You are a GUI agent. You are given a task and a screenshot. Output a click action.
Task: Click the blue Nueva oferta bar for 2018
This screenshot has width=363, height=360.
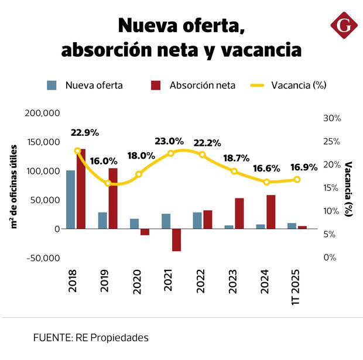[x=70, y=199]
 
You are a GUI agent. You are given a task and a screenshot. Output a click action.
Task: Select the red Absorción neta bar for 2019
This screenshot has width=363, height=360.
[x=113, y=198]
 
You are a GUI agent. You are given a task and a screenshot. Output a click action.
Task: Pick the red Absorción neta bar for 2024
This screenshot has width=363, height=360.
[x=270, y=211]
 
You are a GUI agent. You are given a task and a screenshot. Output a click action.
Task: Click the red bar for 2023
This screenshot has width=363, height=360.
[x=239, y=213]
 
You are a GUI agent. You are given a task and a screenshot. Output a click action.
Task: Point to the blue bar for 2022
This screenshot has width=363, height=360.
[x=197, y=220]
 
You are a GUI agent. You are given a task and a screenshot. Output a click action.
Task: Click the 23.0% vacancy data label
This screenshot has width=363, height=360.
[x=169, y=141]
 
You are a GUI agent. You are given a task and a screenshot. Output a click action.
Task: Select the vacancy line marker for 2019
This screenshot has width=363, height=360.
[x=108, y=183]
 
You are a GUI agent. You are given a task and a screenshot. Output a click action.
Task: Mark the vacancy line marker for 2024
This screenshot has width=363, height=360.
[x=266, y=182]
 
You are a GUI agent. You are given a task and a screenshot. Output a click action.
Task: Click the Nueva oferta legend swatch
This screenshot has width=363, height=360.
[x=52, y=85]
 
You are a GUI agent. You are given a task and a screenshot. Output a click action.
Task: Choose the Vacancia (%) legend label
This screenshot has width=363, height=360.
[x=299, y=85]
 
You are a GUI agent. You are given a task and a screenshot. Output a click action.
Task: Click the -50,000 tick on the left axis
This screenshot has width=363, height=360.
[x=43, y=258]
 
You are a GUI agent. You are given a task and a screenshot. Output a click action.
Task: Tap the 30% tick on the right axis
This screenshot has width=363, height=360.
[x=332, y=118]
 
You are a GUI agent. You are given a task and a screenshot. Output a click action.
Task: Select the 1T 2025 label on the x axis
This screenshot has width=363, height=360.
[x=296, y=286]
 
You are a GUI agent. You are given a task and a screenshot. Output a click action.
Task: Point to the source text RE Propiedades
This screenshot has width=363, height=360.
[x=111, y=338]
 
